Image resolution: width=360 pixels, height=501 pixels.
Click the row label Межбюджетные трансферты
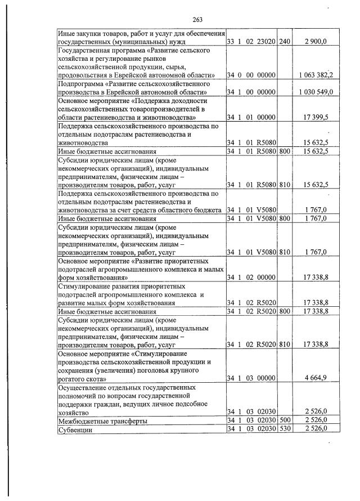[x=103, y=421]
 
